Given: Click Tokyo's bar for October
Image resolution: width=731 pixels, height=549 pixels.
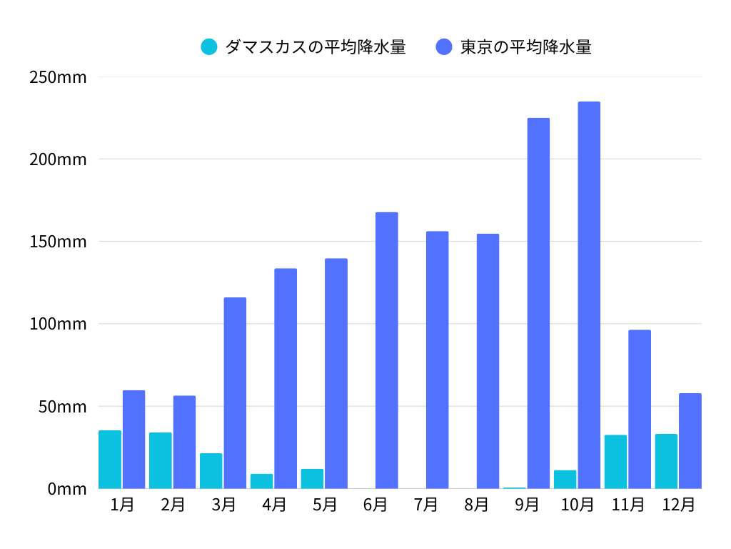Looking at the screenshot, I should pos(589,295).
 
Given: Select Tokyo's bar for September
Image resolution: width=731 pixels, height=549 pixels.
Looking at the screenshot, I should pos(538,303).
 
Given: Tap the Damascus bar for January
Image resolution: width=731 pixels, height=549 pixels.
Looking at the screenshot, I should pos(110,460).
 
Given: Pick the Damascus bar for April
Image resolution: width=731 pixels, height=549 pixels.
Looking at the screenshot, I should pos(261,481).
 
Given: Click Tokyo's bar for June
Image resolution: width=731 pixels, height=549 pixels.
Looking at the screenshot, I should pos(386,350).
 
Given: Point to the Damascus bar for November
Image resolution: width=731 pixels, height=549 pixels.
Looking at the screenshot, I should pos(615,462).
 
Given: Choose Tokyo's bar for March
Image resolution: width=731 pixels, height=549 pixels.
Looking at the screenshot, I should pos(235,393).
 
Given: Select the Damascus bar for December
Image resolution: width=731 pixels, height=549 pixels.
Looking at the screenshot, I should pos(666,461).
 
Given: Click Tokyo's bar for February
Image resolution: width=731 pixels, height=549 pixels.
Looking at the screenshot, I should pos(184,442).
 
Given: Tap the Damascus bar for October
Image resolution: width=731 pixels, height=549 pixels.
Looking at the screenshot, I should pos(565,480).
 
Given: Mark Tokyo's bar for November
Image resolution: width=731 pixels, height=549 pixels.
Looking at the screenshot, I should pos(640,409).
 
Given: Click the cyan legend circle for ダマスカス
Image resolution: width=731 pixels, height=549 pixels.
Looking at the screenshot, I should pos(209,47).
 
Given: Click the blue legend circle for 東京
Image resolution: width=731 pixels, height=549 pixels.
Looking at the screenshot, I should pos(444,47).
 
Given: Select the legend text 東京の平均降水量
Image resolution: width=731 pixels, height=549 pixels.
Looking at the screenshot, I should pos(525,47).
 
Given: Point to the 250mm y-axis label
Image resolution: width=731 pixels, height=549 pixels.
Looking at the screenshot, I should pos(59,77).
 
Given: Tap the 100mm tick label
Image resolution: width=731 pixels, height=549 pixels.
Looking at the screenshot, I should pos(59,324).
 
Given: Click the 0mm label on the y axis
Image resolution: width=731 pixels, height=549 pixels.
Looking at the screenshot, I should pos(67,489).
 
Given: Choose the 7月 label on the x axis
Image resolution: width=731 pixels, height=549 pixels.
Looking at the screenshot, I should pos(425,505).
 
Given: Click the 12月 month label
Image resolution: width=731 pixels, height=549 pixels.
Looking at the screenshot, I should pos(678,505).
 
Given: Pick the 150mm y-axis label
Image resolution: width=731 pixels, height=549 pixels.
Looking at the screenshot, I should pos(59,242).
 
